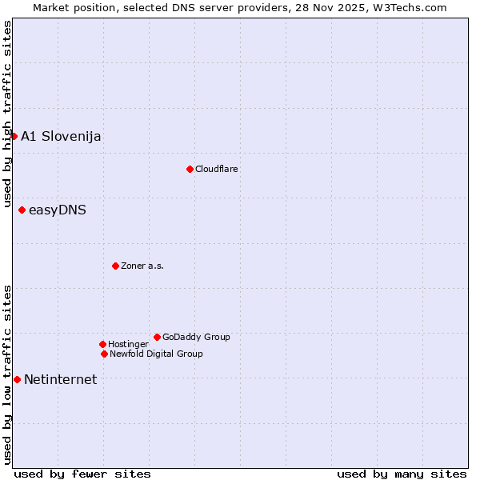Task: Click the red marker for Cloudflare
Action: click(x=190, y=169)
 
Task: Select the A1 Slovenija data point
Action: click(x=14, y=136)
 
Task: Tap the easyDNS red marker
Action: click(x=22, y=210)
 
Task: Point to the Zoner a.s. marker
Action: click(x=115, y=266)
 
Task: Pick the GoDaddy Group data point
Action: click(x=157, y=337)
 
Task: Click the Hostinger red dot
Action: click(x=102, y=344)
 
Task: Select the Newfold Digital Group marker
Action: click(x=104, y=354)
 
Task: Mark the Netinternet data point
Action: click(x=17, y=379)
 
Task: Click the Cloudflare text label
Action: click(x=217, y=169)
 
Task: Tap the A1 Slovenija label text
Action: click(x=61, y=136)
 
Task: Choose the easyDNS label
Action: click(x=58, y=210)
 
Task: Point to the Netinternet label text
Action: click(x=61, y=379)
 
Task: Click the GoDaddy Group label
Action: click(x=196, y=337)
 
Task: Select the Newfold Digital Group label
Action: click(x=156, y=354)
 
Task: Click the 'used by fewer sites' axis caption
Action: click(x=82, y=474)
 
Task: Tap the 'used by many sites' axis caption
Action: click(x=402, y=474)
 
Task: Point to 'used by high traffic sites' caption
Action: click(x=7, y=114)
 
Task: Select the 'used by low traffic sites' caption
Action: click(x=7, y=374)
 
